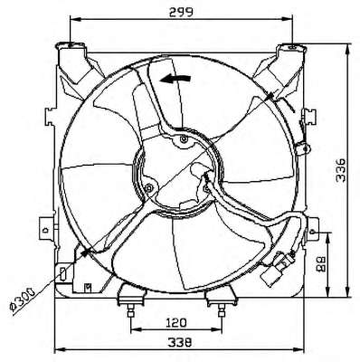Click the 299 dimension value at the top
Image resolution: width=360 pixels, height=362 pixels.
pos(181,12)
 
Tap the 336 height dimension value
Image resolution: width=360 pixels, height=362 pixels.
pos(341,169)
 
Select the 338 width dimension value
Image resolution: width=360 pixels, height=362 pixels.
pos(180,342)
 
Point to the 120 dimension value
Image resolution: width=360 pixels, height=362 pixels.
pos(176,323)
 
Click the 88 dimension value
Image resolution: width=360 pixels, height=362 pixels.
pos(322,264)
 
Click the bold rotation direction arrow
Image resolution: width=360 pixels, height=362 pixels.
pos(175,79)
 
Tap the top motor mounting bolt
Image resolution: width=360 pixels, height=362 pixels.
pos(184,139)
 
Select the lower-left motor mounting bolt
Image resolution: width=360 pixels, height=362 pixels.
pos(149,188)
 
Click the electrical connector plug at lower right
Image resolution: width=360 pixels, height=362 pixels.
pos(276,270)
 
